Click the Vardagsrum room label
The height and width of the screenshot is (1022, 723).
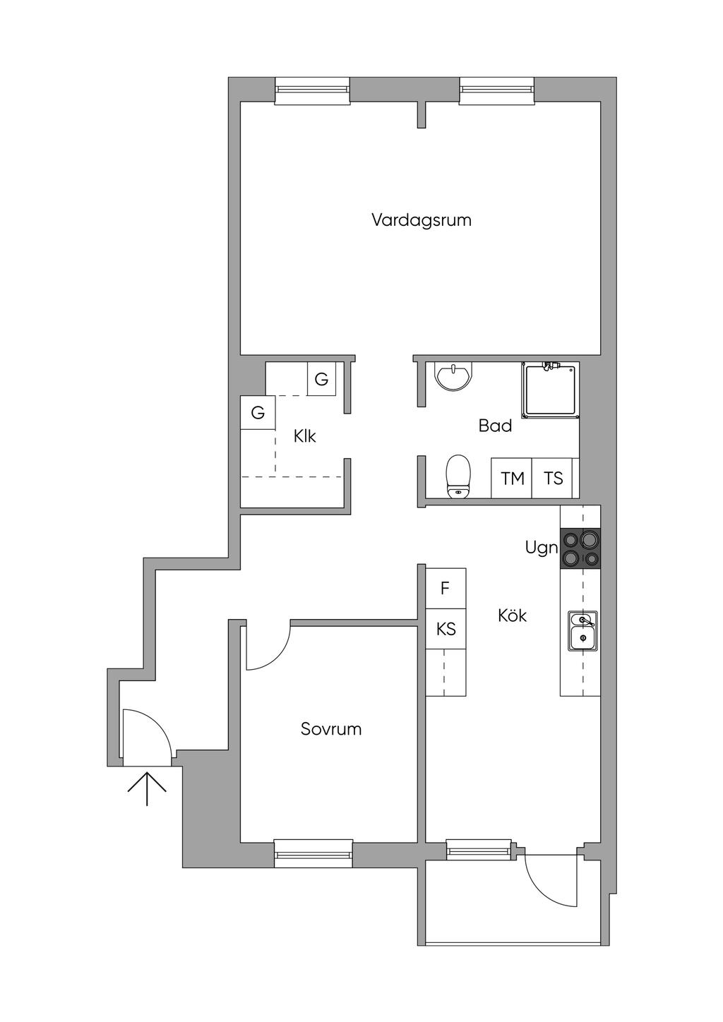(x=422, y=220)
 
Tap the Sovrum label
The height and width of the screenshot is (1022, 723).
(x=331, y=729)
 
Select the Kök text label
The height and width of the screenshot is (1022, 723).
(x=513, y=615)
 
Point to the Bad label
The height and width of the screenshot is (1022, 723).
(x=495, y=426)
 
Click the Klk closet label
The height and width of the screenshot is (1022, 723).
(x=305, y=436)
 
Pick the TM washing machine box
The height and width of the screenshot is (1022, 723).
(x=512, y=479)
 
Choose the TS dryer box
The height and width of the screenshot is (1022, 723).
(x=554, y=479)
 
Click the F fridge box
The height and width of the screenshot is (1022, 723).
(x=446, y=588)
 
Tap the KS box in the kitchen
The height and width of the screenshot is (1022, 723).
(x=446, y=628)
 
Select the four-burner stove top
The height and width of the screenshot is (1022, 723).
(x=580, y=549)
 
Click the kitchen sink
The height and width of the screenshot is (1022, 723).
(x=582, y=631)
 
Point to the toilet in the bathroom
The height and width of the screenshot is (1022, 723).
(x=458, y=476)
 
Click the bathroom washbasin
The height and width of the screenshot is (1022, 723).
(x=453, y=377)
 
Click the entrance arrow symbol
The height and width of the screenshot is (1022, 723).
(x=147, y=788)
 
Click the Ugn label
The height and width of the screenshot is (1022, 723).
(x=542, y=548)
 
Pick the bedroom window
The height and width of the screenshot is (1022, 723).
(x=313, y=853)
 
